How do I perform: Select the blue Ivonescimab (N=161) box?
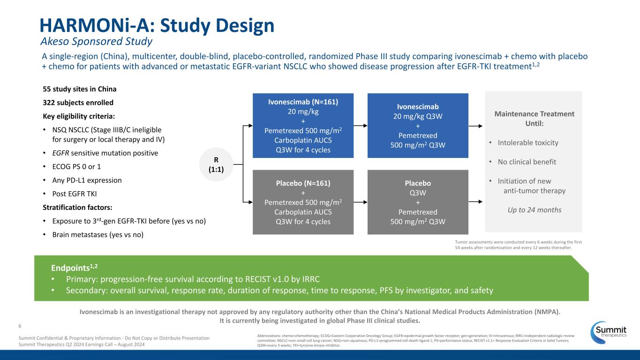[303, 126]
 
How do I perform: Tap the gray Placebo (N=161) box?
[303, 202]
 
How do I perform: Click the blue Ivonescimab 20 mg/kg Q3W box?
[418, 126]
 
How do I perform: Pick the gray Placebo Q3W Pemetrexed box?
[418, 202]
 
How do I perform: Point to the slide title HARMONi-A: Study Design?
[157, 25]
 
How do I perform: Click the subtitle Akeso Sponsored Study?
[96, 42]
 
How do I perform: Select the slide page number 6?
[20, 325]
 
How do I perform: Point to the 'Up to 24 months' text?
[535, 210]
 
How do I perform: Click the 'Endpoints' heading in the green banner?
[74, 268]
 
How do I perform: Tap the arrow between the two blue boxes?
[360, 126]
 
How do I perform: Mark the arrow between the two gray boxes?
[360, 202]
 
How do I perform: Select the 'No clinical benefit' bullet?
[527, 162]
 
